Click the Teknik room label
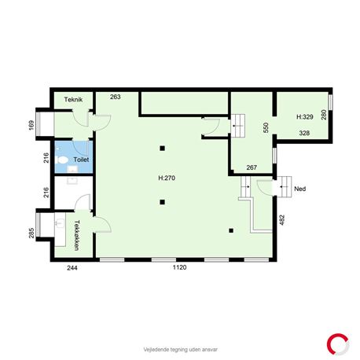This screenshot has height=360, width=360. pyautogui.click(x=73, y=100)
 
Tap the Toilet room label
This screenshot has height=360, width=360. pyautogui.click(x=81, y=160)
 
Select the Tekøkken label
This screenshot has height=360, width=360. pyautogui.click(x=77, y=235)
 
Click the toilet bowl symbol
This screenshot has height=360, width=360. pyautogui.click(x=62, y=160)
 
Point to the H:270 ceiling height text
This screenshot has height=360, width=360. pyautogui.click(x=167, y=178)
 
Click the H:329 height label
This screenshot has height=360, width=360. pyautogui.click(x=305, y=117)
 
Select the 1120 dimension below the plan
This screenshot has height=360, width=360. pyautogui.click(x=180, y=267)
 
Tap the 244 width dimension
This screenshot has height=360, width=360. pyautogui.click(x=72, y=268)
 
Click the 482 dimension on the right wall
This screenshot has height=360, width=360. pyautogui.click(x=282, y=220)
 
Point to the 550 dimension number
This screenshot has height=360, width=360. pyautogui.click(x=266, y=127)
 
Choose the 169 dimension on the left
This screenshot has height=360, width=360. pyautogui.click(x=31, y=125)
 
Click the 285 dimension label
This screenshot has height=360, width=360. pyautogui.click(x=31, y=233)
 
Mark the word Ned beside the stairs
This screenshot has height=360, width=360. pyautogui.click(x=300, y=189)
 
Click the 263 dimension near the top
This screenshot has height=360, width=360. pyautogui.click(x=116, y=97)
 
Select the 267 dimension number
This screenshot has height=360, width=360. pyautogui.click(x=252, y=167)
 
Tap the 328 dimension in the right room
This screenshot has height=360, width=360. pyautogui.click(x=304, y=133)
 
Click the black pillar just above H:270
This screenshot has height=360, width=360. pyautogui.click(x=163, y=149)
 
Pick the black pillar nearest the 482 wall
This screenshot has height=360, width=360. pyautogui.click(x=231, y=230)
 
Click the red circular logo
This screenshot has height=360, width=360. pyautogui.click(x=338, y=344)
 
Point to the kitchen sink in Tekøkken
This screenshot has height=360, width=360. pyautogui.click(x=60, y=222)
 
